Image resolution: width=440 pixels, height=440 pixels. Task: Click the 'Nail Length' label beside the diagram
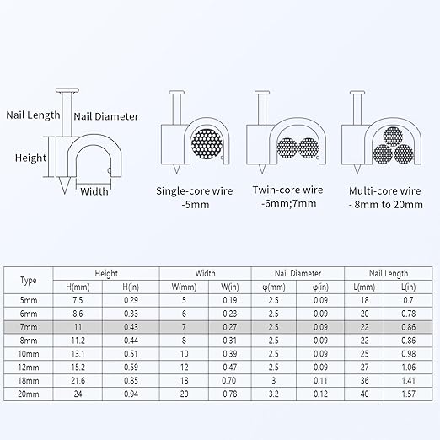[33, 115]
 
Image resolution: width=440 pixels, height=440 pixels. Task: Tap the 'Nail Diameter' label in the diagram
[106, 116]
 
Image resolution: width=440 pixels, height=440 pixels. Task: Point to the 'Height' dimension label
[30, 158]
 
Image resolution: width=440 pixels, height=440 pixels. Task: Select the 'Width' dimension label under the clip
[94, 191]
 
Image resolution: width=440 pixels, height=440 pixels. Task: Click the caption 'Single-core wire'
[195, 191]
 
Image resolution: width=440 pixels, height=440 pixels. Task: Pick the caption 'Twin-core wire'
[287, 190]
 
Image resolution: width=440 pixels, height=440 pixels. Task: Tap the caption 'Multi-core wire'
[385, 191]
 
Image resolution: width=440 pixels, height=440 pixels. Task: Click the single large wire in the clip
[207, 144]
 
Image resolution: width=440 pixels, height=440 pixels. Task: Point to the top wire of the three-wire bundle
[393, 137]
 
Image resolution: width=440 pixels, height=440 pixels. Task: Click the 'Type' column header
[29, 280]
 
